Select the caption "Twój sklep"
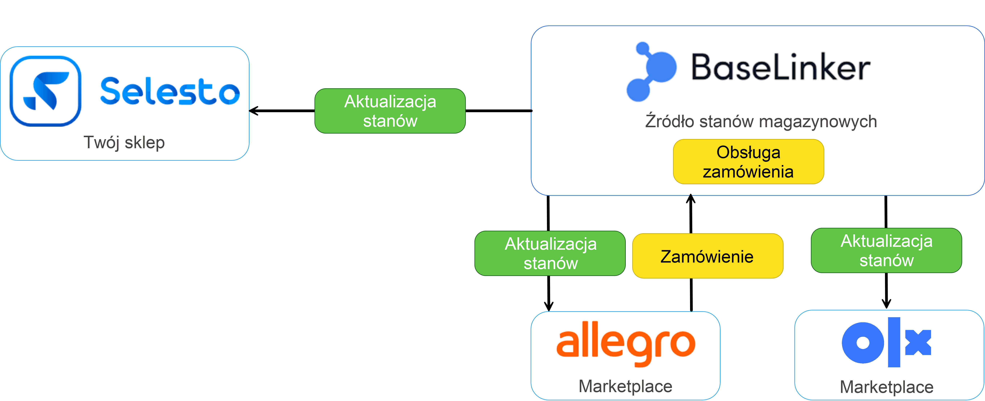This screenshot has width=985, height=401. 124,142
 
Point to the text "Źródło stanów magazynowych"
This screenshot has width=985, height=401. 761,121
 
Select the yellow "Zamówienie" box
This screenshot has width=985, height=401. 707,256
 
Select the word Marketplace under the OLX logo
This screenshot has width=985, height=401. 886,387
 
